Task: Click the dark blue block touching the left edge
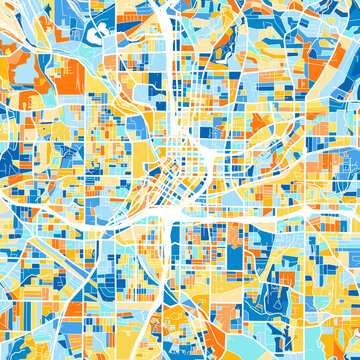point(10,160)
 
